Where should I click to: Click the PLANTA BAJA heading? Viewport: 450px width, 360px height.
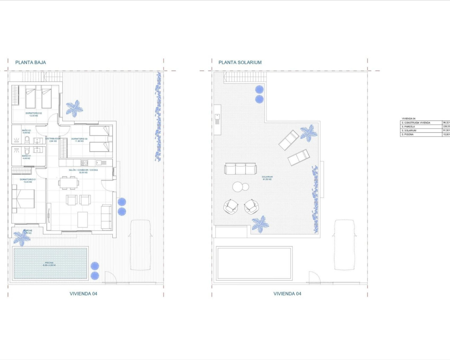click(31, 63)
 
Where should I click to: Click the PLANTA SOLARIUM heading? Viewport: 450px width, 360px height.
click(240, 63)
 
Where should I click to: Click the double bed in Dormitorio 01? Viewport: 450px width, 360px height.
click(24, 199)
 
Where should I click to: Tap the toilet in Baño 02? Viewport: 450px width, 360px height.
click(27, 140)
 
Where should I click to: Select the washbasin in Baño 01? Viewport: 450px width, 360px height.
click(38, 150)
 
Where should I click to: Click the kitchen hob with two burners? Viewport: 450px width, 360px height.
click(84, 163)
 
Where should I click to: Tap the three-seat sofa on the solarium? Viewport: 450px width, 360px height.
click(240, 169)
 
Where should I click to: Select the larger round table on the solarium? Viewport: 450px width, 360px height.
click(238, 187)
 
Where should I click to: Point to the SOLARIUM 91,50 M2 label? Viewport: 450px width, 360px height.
click(267, 178)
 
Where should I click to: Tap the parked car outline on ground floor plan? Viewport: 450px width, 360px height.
click(141, 245)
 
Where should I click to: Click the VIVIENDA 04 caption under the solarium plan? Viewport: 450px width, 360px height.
click(287, 294)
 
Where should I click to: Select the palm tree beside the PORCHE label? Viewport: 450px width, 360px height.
click(22, 238)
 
